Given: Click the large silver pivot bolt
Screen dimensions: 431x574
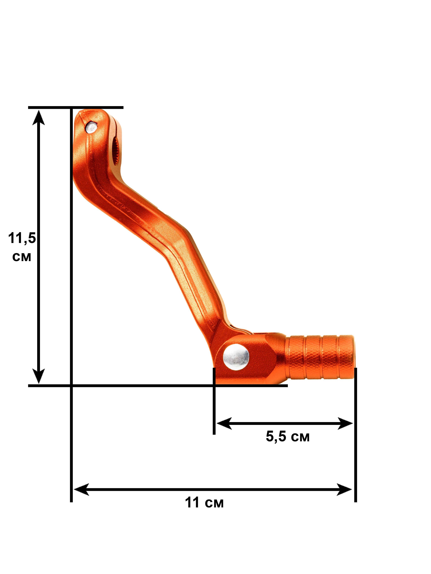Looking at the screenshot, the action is [x=236, y=357].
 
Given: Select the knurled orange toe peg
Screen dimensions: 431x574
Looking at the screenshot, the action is [x=320, y=357].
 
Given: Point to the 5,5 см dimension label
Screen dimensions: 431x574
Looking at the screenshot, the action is [x=288, y=436].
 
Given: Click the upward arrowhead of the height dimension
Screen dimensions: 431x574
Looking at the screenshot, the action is [x=38, y=117].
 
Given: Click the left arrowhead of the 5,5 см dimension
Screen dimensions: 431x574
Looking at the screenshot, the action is [x=224, y=423].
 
